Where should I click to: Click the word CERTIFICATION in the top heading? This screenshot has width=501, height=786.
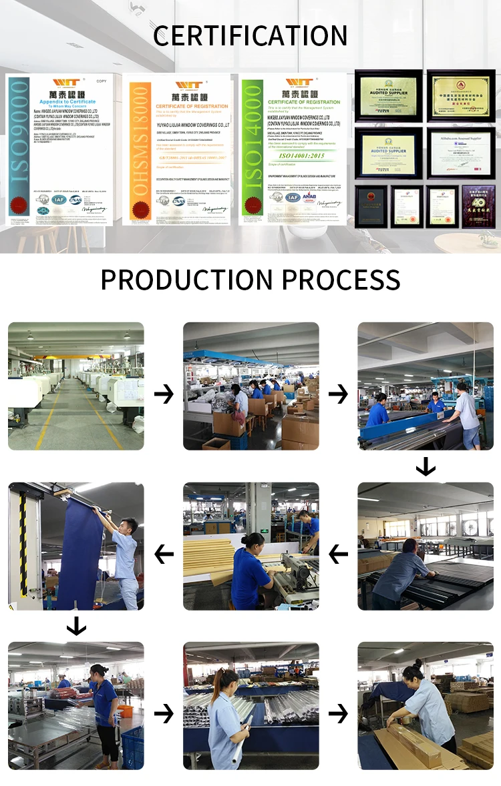click(250, 35)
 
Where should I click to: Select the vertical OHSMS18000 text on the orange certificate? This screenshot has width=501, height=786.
click(139, 150)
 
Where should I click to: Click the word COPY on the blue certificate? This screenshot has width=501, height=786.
click(101, 81)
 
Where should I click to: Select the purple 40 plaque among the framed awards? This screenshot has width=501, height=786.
click(479, 207)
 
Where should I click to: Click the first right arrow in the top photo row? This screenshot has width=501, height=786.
click(164, 394)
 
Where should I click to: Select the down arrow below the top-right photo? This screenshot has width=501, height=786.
click(426, 466)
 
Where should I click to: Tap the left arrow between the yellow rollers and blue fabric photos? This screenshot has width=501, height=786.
click(164, 554)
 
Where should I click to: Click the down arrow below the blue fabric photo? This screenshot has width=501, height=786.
click(76, 626)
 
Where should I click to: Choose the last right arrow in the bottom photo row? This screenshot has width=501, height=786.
click(338, 714)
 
